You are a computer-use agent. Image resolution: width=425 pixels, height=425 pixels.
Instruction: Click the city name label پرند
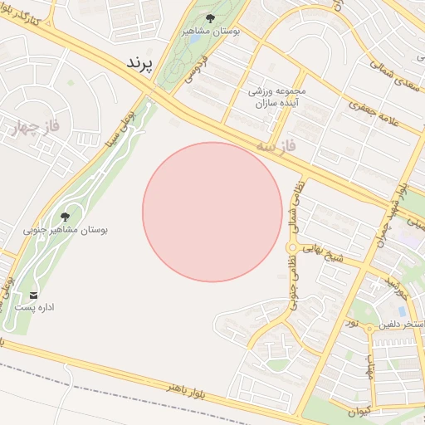tap(140, 63)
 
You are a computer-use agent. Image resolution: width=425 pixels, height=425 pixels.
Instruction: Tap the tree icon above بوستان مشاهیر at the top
tap(209, 18)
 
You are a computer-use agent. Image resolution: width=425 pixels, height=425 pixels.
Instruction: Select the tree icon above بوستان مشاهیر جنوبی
tap(66, 217)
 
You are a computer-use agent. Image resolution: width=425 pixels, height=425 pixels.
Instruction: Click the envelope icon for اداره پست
tap(33, 296)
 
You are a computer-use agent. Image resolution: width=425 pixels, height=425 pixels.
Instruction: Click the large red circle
tap(212, 212)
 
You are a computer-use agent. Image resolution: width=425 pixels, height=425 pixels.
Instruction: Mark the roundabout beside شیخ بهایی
tap(292, 247)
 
